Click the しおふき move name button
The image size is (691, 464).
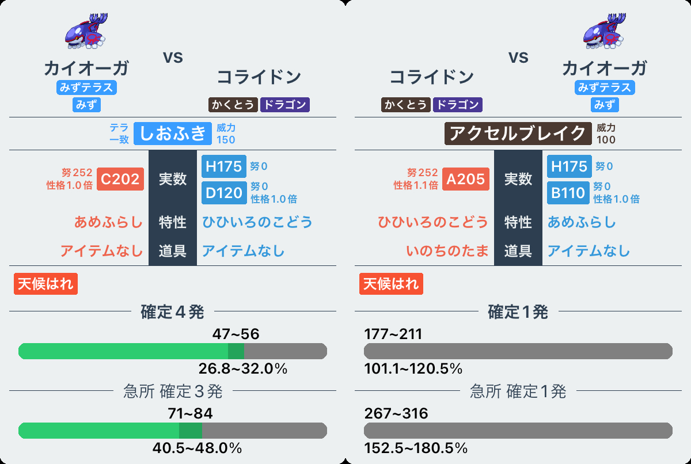pos(173,133)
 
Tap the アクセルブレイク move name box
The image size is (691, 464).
pos(518,133)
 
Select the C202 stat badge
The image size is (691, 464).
pos(120,179)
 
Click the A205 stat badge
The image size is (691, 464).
pos(466,179)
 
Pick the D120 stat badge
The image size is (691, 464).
pos(224,193)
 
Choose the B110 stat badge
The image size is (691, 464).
pos(569,193)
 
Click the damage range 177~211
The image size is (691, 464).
pos(393,334)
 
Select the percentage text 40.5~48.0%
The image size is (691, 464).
pos(197,448)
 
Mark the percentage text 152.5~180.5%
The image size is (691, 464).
pos(416,448)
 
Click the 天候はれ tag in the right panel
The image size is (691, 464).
pos(392,284)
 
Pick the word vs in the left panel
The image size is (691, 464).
pos(173,58)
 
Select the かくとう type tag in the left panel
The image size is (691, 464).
pos(233,104)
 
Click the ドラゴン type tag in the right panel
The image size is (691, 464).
pos(457,104)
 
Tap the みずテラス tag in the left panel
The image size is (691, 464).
pos(86,88)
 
